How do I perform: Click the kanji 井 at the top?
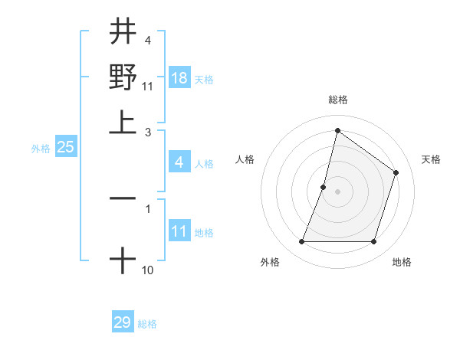(x=123, y=33)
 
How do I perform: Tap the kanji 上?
(x=123, y=120)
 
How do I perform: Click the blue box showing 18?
(x=179, y=78)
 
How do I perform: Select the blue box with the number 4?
(x=179, y=162)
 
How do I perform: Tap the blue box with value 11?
(x=179, y=231)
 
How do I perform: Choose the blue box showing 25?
(x=66, y=148)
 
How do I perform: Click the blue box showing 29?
(x=123, y=322)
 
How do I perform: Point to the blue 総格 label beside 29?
(x=147, y=324)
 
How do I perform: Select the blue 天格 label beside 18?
(x=204, y=80)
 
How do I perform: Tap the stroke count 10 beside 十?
(x=147, y=270)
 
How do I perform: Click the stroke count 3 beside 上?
(x=148, y=131)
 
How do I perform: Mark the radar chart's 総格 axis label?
(x=337, y=100)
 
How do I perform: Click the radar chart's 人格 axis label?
(x=245, y=159)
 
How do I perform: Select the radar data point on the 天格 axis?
(x=396, y=173)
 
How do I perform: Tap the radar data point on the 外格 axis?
(x=301, y=242)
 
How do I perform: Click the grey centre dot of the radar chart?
(x=337, y=191)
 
